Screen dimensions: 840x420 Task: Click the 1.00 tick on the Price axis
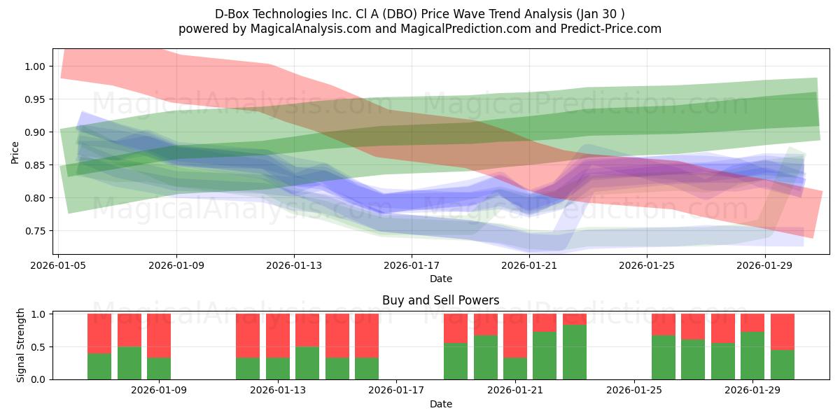(35, 66)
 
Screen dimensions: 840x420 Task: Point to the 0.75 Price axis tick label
(35, 231)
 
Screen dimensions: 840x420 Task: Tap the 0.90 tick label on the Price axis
(35, 132)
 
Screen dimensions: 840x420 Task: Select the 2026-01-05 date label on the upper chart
(58, 265)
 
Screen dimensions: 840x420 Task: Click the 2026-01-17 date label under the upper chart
(412, 265)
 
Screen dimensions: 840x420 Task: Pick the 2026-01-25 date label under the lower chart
(634, 390)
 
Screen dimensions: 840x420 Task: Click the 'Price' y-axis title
(15, 153)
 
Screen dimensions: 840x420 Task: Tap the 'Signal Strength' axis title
(20, 345)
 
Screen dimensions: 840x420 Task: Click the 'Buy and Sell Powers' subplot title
(440, 300)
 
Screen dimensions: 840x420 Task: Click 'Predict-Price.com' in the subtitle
(611, 29)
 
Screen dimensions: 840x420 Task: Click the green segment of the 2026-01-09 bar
(159, 369)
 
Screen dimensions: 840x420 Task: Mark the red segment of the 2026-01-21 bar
(515, 335)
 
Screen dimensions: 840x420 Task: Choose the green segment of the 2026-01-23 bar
(575, 352)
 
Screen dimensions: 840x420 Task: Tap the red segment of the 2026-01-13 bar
(277, 335)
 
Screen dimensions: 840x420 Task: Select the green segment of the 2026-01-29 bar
(752, 356)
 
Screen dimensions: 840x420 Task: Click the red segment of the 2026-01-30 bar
(783, 332)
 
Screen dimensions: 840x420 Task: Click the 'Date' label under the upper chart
(440, 279)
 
